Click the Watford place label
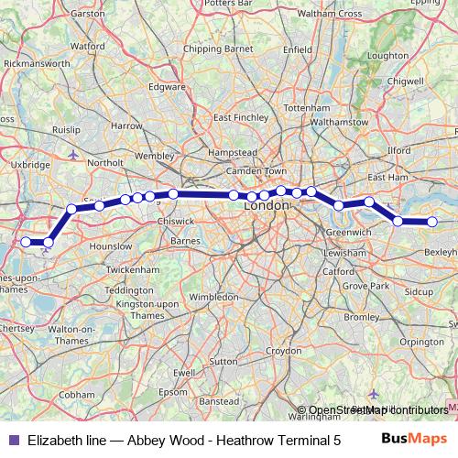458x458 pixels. [87, 44]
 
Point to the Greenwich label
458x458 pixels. [348, 233]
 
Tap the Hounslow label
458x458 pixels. [111, 246]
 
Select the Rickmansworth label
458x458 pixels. [37, 64]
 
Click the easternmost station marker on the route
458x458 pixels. [432, 222]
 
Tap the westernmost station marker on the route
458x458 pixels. [26, 242]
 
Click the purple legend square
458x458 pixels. [12, 440]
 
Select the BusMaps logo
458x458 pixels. [414, 439]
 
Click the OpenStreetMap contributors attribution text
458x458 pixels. [378, 409]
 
